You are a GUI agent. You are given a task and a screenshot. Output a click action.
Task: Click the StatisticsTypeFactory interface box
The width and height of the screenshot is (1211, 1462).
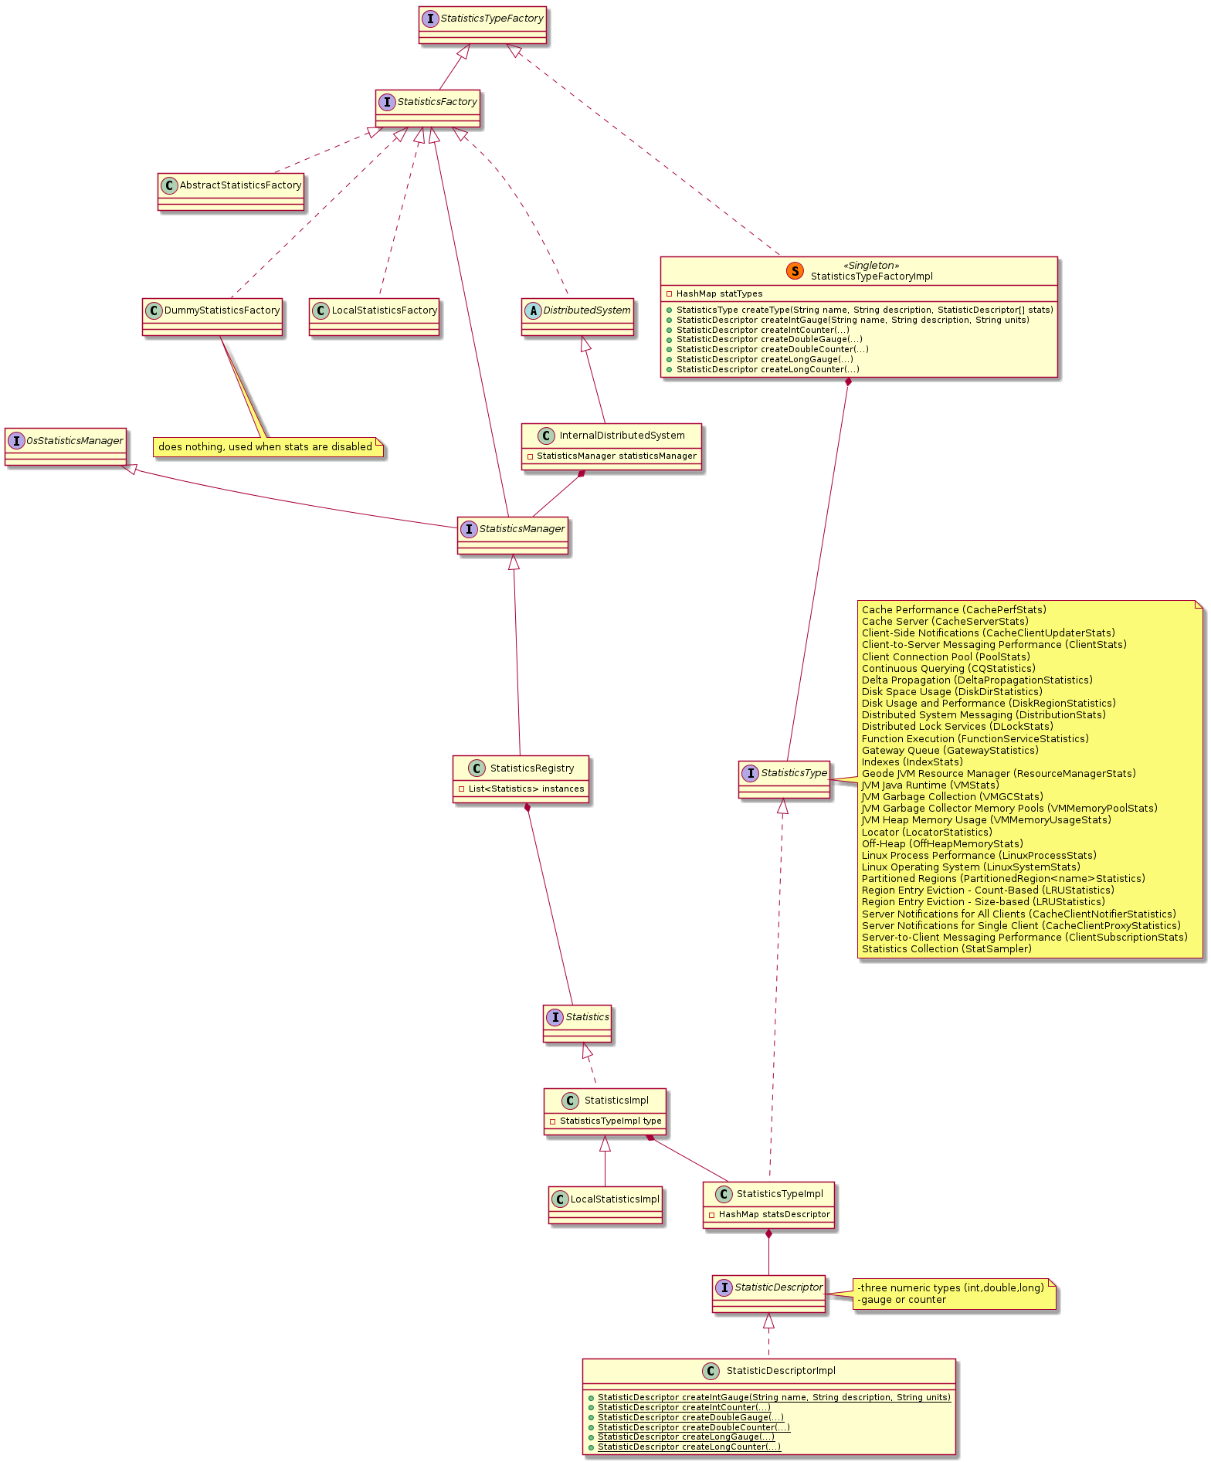coord(482,25)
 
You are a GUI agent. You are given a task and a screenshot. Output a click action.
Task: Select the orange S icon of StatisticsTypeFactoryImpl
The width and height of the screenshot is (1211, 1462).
coord(795,271)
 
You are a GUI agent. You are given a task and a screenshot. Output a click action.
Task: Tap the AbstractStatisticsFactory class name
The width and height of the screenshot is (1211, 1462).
coord(240,185)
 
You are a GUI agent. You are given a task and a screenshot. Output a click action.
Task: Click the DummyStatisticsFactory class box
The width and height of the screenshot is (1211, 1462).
coord(212,317)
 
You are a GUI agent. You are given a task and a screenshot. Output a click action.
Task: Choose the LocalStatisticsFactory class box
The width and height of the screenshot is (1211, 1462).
coord(374,317)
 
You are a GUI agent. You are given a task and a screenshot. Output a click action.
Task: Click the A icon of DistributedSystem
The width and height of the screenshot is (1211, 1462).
coord(532,310)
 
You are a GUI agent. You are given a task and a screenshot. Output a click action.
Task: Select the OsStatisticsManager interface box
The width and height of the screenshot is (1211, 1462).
coord(65,446)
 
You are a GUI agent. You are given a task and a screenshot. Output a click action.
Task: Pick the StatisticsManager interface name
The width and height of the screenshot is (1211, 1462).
coord(521,529)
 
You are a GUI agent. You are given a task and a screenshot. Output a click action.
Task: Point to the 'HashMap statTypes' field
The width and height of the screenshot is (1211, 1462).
coord(718,294)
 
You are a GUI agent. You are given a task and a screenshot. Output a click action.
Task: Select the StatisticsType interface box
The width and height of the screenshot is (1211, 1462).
coord(784,779)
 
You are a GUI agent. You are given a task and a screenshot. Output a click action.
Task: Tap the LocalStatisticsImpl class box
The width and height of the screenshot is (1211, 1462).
coord(605,1205)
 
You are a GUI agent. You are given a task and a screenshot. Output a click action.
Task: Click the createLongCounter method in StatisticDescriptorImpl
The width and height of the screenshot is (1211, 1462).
coord(689,1447)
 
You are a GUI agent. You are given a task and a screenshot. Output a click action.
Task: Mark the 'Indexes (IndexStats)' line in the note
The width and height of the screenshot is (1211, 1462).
coord(912,762)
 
